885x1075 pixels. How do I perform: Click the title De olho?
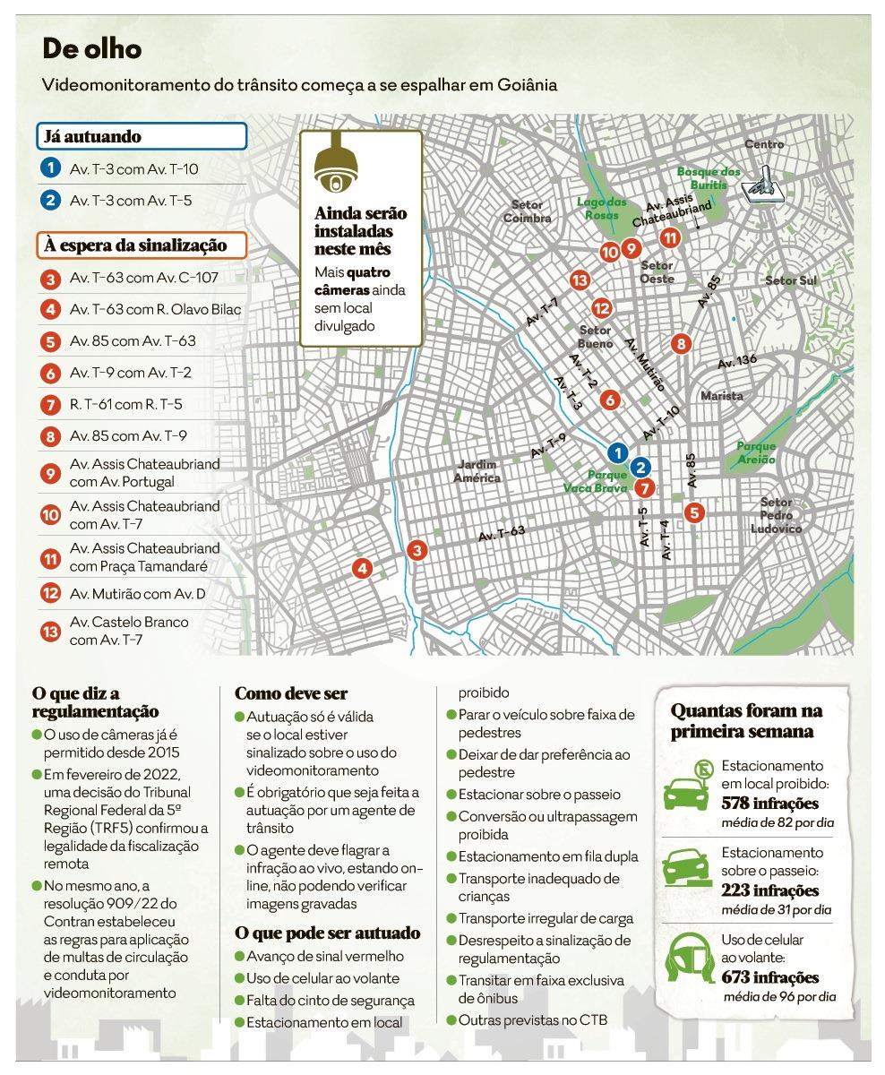tap(92, 48)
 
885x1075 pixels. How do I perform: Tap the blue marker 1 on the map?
tap(616, 452)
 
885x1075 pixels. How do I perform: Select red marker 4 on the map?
tap(362, 568)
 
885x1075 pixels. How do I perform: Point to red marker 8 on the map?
tap(681, 343)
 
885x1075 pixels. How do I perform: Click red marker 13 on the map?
tap(579, 281)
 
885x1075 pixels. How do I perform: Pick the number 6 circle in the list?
tap(50, 373)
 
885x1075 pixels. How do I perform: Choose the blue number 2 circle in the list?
tap(50, 200)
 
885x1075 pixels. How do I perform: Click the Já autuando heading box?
tap(142, 137)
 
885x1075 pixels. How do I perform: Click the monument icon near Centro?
tap(766, 183)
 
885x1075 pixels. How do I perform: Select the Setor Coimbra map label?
tap(527, 211)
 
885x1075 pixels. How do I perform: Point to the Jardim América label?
tap(477, 471)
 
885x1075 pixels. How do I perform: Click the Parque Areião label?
tap(756, 451)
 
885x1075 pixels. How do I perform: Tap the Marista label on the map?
tap(722, 395)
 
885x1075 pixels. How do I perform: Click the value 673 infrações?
tap(770, 977)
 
